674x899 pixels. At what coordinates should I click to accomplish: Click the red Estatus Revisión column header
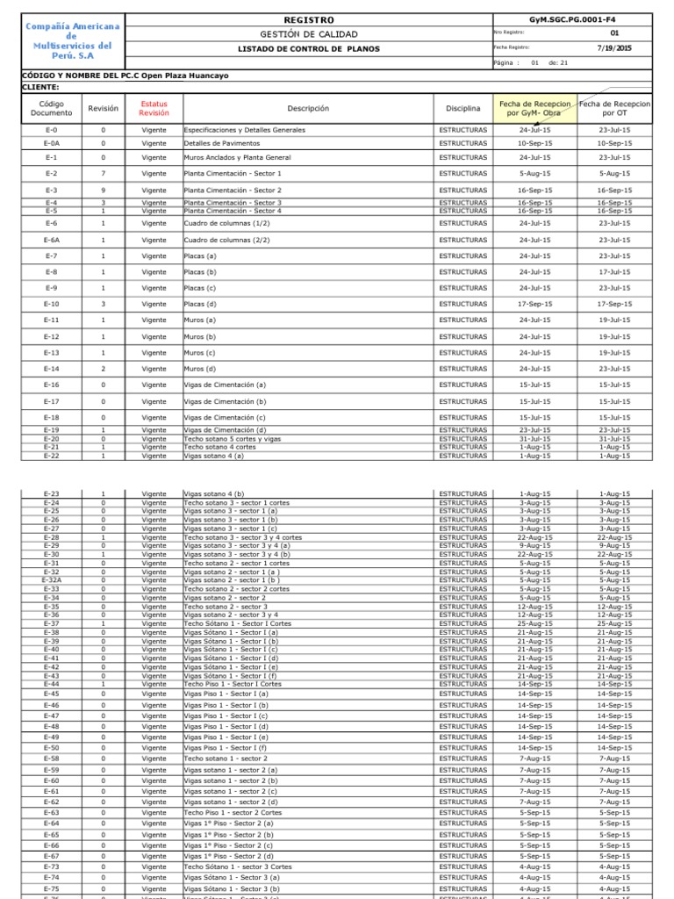154,108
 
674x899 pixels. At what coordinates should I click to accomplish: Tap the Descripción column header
307,108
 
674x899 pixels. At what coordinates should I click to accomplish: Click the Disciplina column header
462,108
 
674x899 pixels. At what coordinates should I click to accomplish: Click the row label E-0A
52,142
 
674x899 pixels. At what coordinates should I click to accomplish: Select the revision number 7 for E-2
103,174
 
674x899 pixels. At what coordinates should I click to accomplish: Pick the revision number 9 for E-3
103,191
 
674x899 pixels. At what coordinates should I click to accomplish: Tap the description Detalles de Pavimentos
221,142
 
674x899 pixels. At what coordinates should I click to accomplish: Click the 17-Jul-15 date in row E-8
614,272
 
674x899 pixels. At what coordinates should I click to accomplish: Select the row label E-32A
52,580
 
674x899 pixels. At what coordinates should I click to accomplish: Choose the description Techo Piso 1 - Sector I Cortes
233,684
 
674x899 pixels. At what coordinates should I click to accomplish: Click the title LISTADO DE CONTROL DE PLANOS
309,49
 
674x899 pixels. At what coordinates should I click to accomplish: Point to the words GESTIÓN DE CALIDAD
309,34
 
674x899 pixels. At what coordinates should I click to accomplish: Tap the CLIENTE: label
40,88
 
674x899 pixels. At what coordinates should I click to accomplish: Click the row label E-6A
52,240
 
